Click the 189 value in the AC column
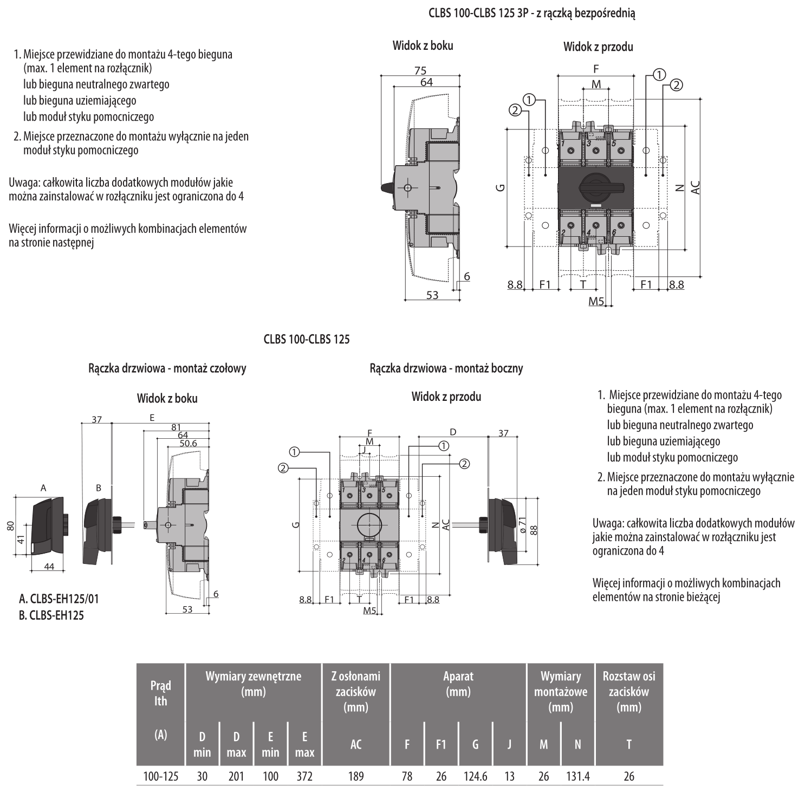click(x=355, y=776)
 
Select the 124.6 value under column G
click(x=475, y=776)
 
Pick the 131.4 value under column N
click(x=577, y=776)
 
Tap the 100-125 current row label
click(x=160, y=776)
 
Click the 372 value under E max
click(x=304, y=776)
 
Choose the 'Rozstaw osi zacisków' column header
click(x=629, y=691)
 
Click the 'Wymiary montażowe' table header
click(x=561, y=691)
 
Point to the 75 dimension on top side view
click(x=420, y=70)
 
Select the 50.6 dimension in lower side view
click(x=188, y=443)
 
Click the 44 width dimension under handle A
click(x=49, y=566)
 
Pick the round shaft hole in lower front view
click(x=370, y=525)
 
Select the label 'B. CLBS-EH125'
click(x=51, y=615)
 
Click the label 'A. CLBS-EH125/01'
click(x=59, y=599)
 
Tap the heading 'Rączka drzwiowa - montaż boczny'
click(x=446, y=368)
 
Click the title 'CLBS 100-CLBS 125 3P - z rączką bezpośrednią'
click(x=532, y=14)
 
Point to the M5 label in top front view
click(x=596, y=301)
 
